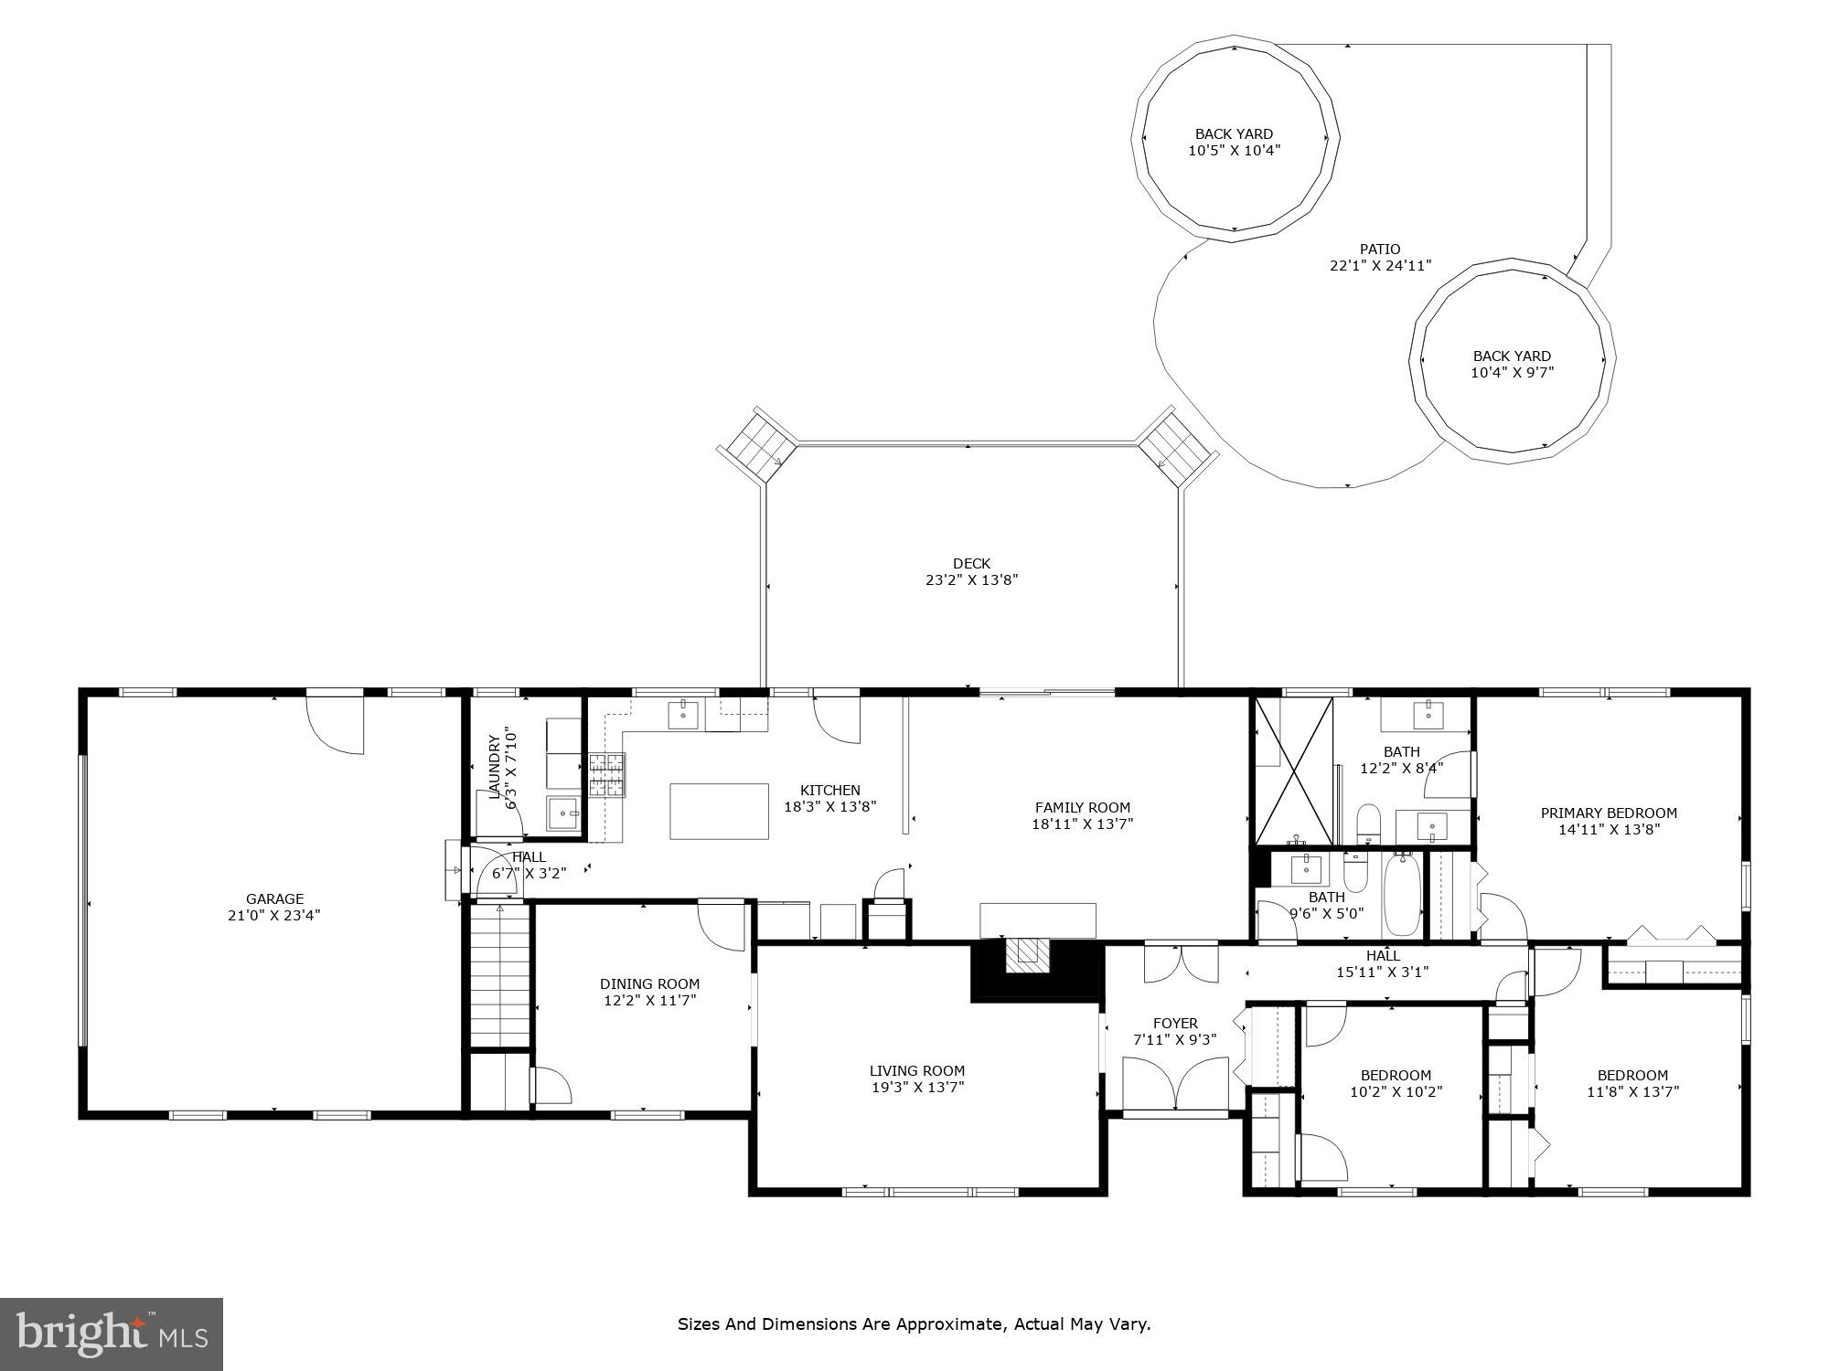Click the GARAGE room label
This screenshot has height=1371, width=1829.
(274, 898)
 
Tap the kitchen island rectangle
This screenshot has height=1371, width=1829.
(719, 811)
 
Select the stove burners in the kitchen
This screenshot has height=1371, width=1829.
(606, 775)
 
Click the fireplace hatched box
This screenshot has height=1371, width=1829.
(1030, 955)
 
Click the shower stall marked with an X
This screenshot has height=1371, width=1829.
(1293, 771)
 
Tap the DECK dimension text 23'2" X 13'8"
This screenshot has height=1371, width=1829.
(971, 579)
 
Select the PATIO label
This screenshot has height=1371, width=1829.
(1379, 249)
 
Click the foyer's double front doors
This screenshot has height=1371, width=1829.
(1175, 1084)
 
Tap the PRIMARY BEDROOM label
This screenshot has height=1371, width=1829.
(1609, 813)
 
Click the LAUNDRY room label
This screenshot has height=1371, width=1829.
(495, 767)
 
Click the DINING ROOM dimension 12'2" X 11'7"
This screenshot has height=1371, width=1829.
(649, 1001)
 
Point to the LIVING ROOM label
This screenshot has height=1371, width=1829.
(916, 1070)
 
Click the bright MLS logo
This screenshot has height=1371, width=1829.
(111, 1334)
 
